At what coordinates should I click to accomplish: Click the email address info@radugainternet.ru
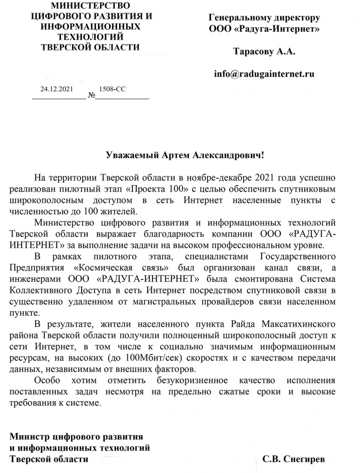[x=264, y=73]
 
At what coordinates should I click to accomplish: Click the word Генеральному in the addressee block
[x=240, y=18]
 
